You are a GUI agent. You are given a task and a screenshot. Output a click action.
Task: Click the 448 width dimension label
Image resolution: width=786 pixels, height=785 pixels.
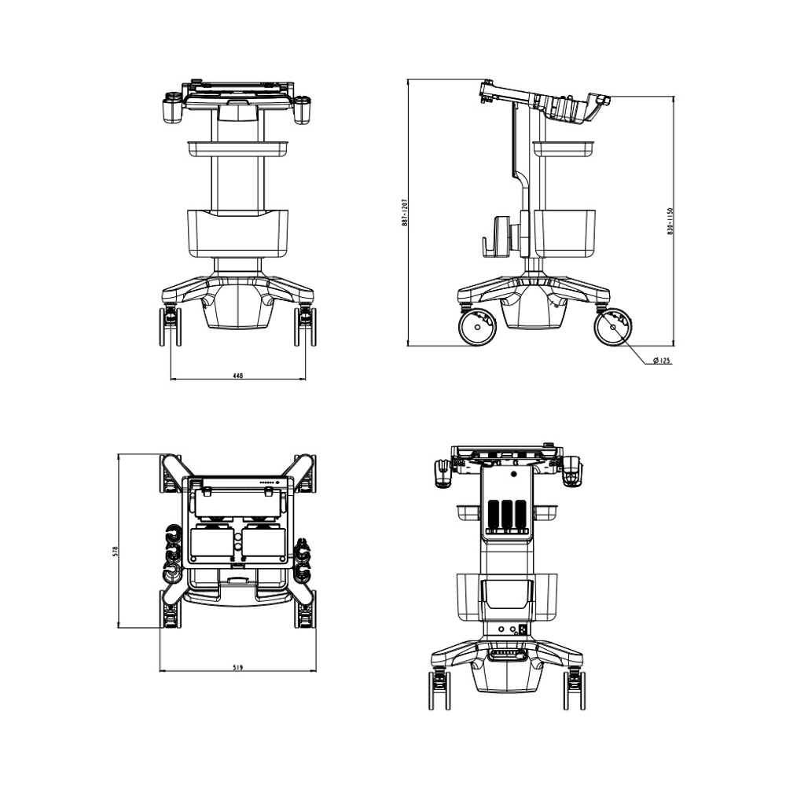tap(238, 375)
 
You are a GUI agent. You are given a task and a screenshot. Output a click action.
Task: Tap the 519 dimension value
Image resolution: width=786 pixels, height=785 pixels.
tap(238, 667)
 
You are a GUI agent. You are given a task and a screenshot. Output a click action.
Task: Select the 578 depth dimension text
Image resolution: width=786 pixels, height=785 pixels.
tap(115, 552)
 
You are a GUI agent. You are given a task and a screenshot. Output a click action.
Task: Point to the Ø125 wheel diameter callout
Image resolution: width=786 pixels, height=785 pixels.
tap(662, 361)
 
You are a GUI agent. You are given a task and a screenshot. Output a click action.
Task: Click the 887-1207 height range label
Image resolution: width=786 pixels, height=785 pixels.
tap(405, 212)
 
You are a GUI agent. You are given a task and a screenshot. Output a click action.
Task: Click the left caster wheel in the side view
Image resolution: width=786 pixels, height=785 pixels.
tap(477, 328)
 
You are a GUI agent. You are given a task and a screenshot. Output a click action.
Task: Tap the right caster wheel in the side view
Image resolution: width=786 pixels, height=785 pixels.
tap(612, 328)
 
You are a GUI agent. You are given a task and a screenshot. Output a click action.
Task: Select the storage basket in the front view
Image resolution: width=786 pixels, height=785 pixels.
tap(237, 234)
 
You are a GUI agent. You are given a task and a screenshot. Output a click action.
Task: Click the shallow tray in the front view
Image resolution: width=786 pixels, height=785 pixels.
tap(238, 149)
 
